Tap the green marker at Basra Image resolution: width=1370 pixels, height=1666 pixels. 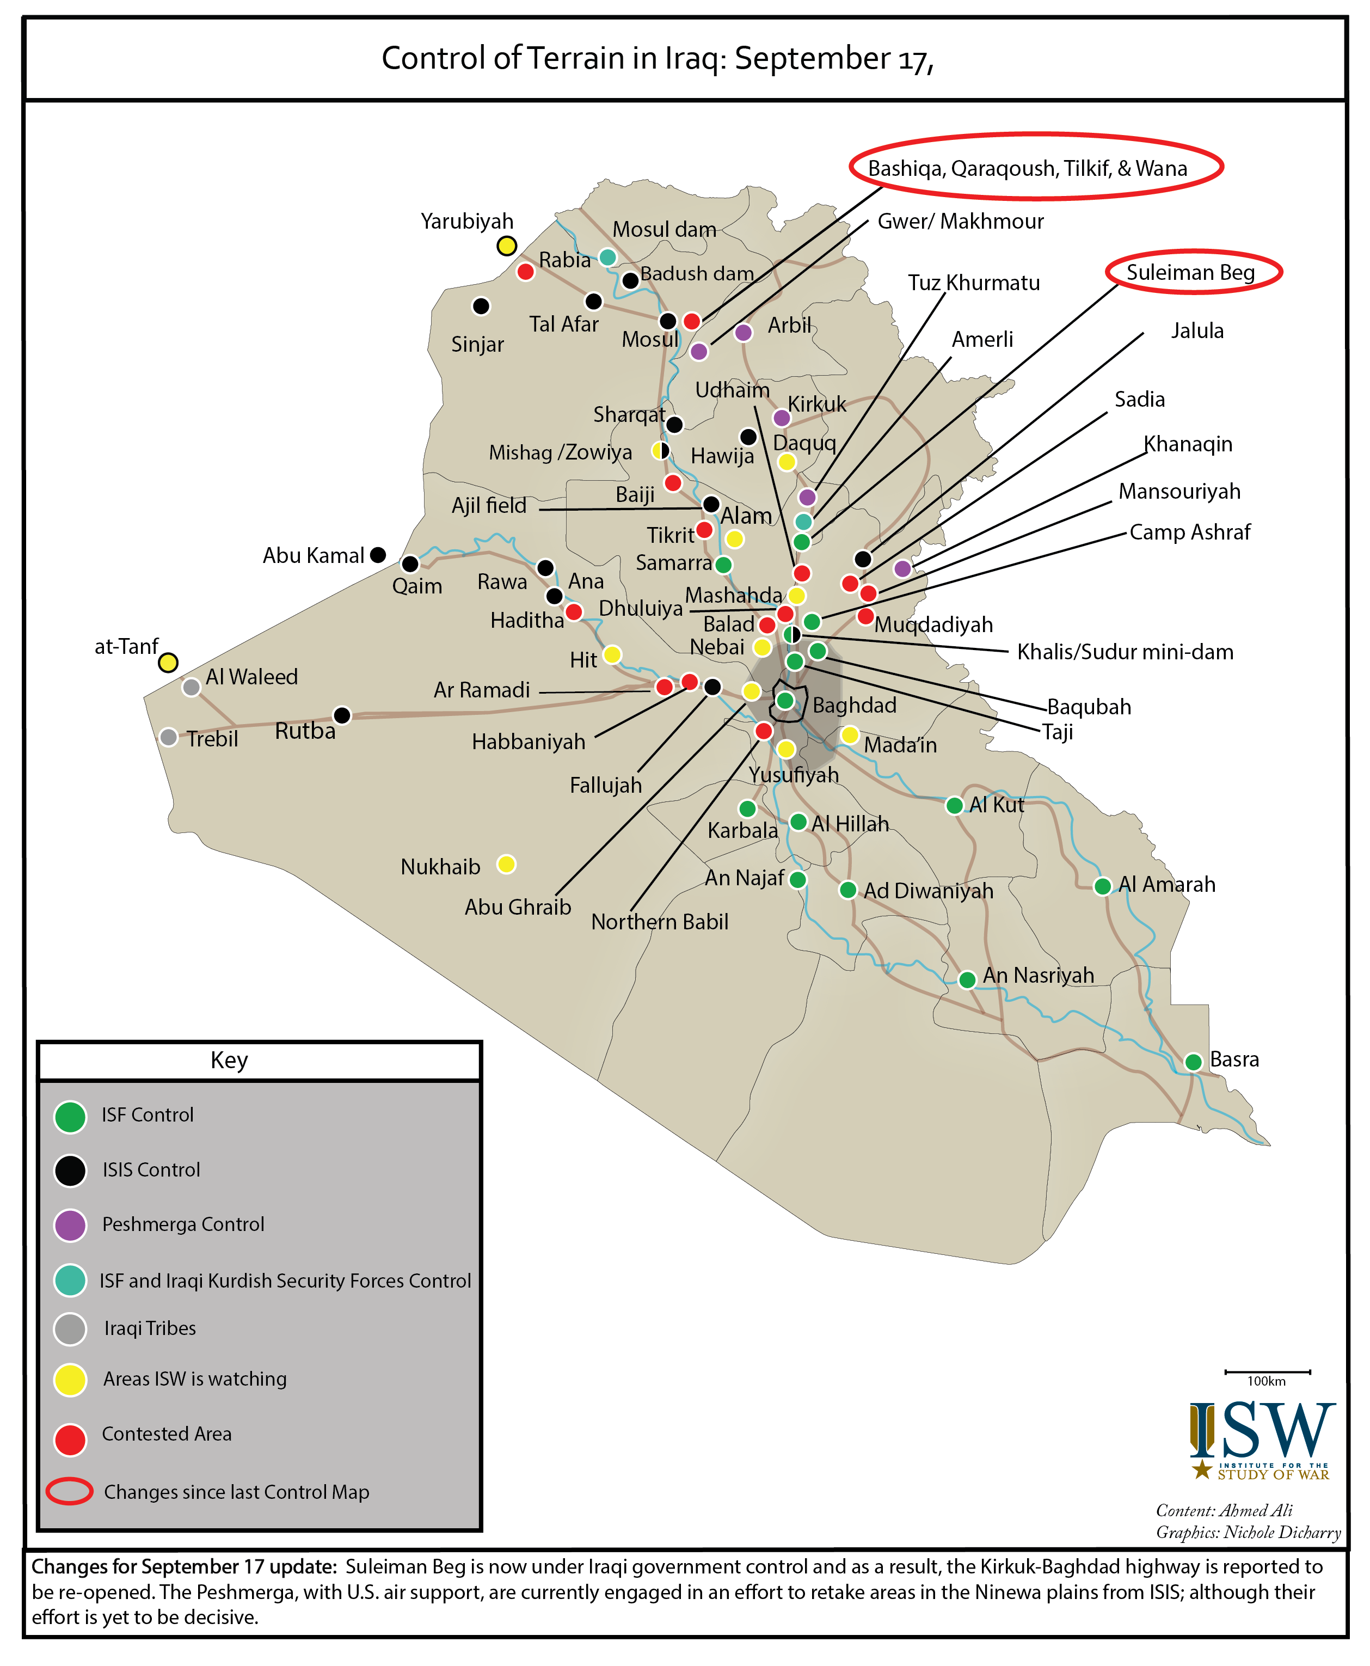click(1193, 1062)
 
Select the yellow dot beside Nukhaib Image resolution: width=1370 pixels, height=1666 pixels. click(507, 864)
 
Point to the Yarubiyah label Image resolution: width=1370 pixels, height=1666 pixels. click(467, 222)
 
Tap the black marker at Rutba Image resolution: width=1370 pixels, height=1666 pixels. click(342, 715)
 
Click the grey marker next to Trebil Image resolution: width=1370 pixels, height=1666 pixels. click(168, 737)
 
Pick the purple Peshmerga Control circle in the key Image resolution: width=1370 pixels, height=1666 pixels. click(70, 1225)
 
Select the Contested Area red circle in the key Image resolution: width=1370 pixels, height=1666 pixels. click(70, 1440)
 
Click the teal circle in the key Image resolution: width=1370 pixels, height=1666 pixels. click(70, 1280)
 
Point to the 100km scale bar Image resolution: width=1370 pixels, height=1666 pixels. click(1268, 1371)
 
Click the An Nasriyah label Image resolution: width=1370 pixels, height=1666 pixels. click(1038, 976)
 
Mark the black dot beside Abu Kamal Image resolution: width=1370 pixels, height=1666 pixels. click(378, 555)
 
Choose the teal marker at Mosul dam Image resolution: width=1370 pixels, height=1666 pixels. click(607, 258)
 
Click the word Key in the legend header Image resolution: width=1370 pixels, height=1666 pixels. click(229, 1060)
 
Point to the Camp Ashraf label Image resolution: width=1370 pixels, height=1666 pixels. click(1189, 532)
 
